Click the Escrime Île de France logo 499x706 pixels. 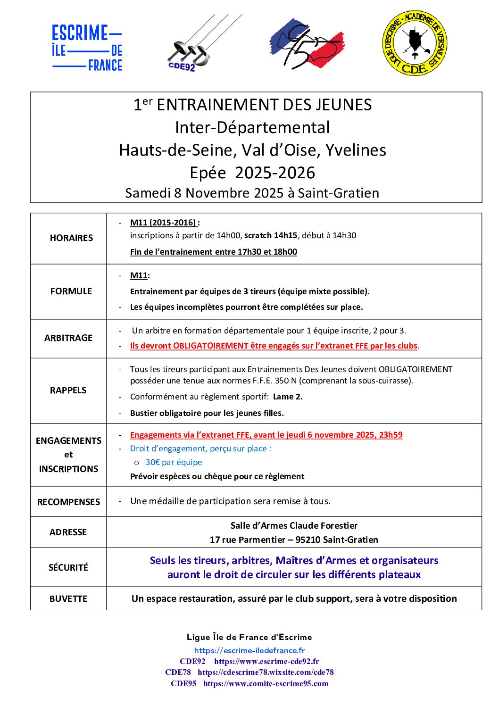(87, 48)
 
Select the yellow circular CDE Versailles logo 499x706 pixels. (414, 43)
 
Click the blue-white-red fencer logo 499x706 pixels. (307, 44)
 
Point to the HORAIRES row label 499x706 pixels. (71, 238)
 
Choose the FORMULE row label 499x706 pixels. (71, 291)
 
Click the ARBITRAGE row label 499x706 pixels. (68, 338)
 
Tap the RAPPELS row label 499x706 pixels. (68, 390)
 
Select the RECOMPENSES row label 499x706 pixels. (68, 502)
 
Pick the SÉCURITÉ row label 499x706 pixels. (68, 567)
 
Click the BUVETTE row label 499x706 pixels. (68, 599)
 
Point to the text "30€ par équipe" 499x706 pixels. (174, 463)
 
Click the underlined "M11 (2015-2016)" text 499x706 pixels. (163, 223)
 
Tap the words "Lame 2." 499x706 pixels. (288, 397)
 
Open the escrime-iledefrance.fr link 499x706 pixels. (249, 651)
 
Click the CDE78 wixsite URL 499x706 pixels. (266, 673)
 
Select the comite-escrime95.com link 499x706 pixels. (266, 684)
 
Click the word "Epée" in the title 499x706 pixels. (208, 173)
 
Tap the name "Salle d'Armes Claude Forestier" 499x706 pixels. (294, 526)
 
